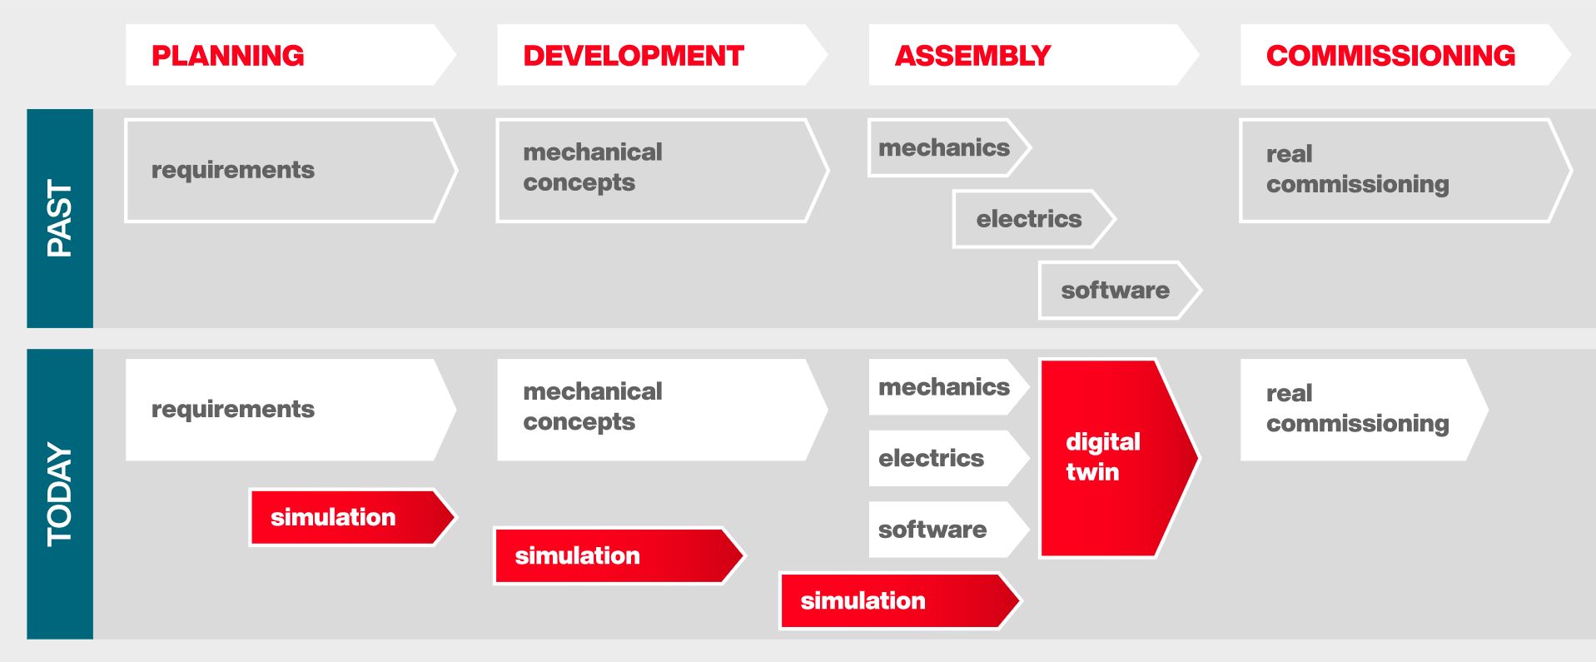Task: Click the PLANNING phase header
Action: [x=291, y=55]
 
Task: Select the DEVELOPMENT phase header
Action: [x=662, y=55]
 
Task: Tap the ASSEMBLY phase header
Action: [x=1034, y=55]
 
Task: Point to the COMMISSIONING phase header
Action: [x=1405, y=55]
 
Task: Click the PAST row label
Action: [x=60, y=218]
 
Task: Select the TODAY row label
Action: [x=60, y=494]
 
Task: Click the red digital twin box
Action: [x=1119, y=458]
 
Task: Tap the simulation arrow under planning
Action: [x=353, y=517]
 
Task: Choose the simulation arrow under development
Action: [x=619, y=555]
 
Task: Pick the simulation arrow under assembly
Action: [x=900, y=600]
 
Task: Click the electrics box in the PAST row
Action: [x=1034, y=219]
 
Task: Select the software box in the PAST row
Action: [x=1120, y=290]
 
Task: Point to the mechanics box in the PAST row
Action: [x=949, y=147]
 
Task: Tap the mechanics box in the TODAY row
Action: [x=949, y=387]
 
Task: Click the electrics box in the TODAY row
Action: [x=949, y=458]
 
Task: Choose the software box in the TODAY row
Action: [x=949, y=530]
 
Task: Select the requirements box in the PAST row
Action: [x=291, y=171]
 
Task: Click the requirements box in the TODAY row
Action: [x=291, y=410]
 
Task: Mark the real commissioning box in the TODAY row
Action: [x=1364, y=410]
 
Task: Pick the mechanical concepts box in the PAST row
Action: [x=662, y=171]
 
